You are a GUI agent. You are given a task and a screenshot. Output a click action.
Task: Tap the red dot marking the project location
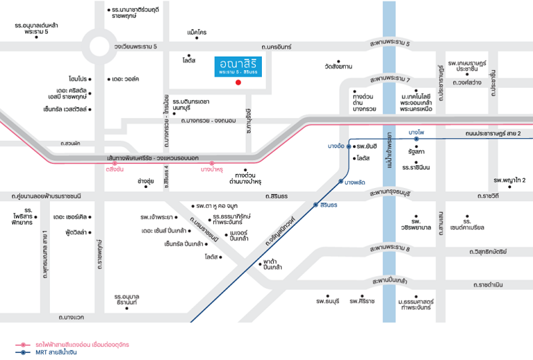[238, 83]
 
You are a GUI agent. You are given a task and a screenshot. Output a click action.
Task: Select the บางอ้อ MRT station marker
[348, 145]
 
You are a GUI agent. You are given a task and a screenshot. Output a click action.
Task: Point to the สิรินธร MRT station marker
[316, 204]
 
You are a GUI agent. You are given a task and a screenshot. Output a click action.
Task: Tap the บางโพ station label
[416, 133]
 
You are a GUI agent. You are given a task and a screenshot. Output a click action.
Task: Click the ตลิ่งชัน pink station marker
[115, 163]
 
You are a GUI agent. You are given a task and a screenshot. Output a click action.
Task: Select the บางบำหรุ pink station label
[212, 170]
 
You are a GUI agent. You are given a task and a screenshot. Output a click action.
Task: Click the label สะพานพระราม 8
[389, 249]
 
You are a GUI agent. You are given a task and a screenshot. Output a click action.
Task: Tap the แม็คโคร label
[197, 32]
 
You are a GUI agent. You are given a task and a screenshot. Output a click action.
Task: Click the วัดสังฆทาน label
[338, 67]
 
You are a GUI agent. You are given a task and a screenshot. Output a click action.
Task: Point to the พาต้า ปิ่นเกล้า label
[272, 263]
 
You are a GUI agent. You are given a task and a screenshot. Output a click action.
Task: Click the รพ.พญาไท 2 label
[510, 180]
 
